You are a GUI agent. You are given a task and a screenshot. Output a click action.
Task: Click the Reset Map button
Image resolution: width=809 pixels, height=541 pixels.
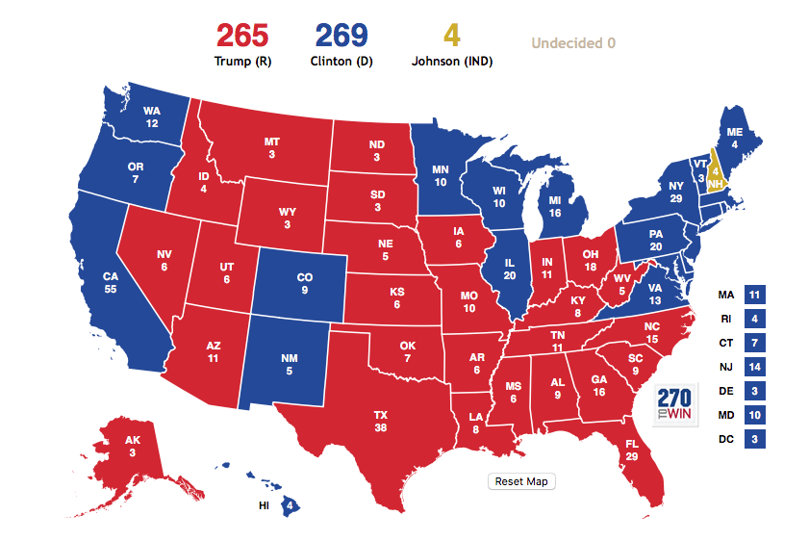(x=521, y=481)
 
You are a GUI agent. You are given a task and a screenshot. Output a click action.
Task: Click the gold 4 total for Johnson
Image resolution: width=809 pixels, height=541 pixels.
(x=451, y=37)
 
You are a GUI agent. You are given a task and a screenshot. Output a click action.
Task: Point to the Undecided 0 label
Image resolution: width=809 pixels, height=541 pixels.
(x=573, y=43)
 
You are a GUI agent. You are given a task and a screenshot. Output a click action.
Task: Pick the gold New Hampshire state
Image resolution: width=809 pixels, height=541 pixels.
(x=715, y=171)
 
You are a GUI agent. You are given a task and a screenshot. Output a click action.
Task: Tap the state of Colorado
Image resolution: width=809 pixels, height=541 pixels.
(x=304, y=284)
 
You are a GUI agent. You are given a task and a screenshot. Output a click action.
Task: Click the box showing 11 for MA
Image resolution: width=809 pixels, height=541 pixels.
(x=753, y=294)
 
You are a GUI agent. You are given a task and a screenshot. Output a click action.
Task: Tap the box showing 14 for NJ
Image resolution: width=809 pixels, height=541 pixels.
(x=753, y=367)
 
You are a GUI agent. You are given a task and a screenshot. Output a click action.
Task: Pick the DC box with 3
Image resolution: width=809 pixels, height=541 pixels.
(x=753, y=440)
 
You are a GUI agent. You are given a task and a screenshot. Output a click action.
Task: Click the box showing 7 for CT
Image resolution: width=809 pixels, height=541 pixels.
(x=753, y=343)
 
